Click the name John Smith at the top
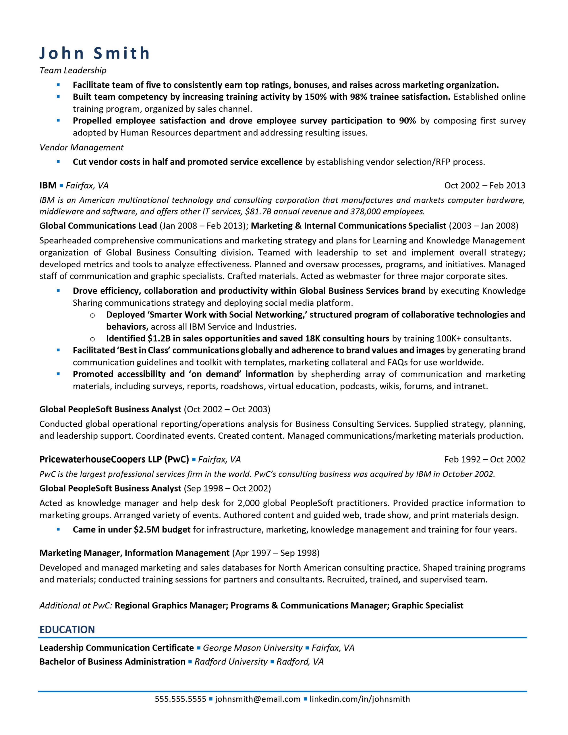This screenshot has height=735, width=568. (94, 53)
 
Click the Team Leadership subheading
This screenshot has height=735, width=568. (73, 70)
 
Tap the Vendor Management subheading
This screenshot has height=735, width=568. (82, 147)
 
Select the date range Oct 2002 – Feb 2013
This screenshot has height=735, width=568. (484, 185)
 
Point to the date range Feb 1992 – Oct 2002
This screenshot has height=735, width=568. (484, 459)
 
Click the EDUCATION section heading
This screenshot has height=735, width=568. (67, 629)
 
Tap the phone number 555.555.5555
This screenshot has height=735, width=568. (180, 699)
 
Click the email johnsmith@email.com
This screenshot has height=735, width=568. (258, 699)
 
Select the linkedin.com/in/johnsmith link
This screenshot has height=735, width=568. (360, 699)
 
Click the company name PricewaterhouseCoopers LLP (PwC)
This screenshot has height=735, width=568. (114, 459)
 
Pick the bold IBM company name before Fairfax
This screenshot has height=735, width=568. (48, 185)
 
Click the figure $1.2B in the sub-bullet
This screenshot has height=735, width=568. (159, 338)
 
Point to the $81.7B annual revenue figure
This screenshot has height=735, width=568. (258, 211)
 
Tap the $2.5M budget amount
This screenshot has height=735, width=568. (146, 529)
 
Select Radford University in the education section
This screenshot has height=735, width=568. (231, 661)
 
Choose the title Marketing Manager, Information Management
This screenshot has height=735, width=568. (134, 553)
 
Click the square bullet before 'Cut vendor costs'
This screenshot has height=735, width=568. (58, 162)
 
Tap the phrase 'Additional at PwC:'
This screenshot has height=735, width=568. (76, 606)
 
